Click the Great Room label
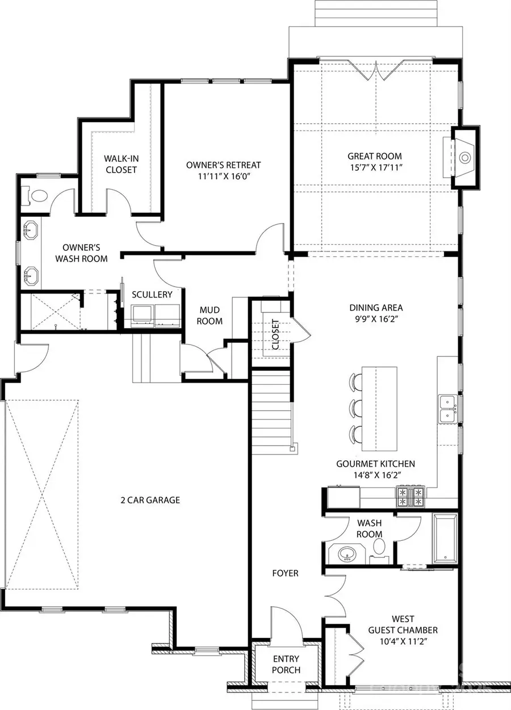(374, 156)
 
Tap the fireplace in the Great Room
(464, 157)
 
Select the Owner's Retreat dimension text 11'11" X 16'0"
(223, 177)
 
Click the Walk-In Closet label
(120, 164)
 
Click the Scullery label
(152, 295)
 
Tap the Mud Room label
(210, 316)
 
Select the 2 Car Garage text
(150, 500)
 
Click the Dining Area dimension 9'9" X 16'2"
(376, 319)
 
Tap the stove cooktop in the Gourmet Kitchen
(411, 497)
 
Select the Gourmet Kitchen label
(375, 464)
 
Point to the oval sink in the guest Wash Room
(346, 553)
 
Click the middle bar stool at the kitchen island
(357, 407)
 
